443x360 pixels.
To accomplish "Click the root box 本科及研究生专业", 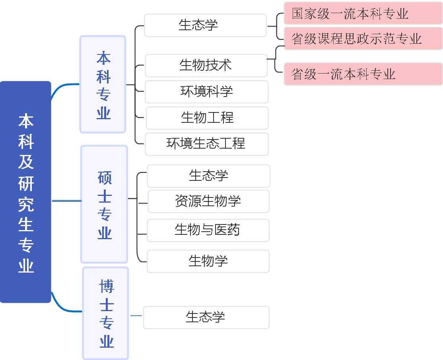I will tap(25, 192).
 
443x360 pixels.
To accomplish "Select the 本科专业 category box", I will tap(103, 84).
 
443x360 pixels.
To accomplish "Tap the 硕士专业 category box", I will tap(104, 204).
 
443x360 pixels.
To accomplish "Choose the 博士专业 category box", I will tap(106, 313).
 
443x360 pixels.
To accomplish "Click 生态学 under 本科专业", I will tap(205, 25).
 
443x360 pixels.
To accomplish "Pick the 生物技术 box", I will tap(206, 66).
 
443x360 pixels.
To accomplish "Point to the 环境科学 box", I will tap(206, 92).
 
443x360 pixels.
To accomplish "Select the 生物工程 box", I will tap(207, 118).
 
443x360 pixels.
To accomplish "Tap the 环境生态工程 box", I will tap(206, 144).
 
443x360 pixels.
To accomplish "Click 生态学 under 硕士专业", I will tap(208, 176).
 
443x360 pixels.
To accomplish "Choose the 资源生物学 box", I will tap(208, 201).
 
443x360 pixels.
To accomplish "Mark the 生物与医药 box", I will tap(208, 230).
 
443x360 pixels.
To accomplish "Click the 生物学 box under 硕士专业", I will tap(208, 261).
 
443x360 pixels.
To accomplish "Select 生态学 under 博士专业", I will tap(206, 317).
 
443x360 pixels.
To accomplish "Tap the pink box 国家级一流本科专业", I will tap(363, 14).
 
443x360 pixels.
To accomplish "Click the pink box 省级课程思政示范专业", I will tap(363, 39).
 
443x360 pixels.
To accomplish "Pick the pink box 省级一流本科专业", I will tap(363, 74).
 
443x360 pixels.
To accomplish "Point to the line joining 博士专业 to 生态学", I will tap(136, 316).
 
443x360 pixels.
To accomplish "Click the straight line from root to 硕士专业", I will tap(66, 201).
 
